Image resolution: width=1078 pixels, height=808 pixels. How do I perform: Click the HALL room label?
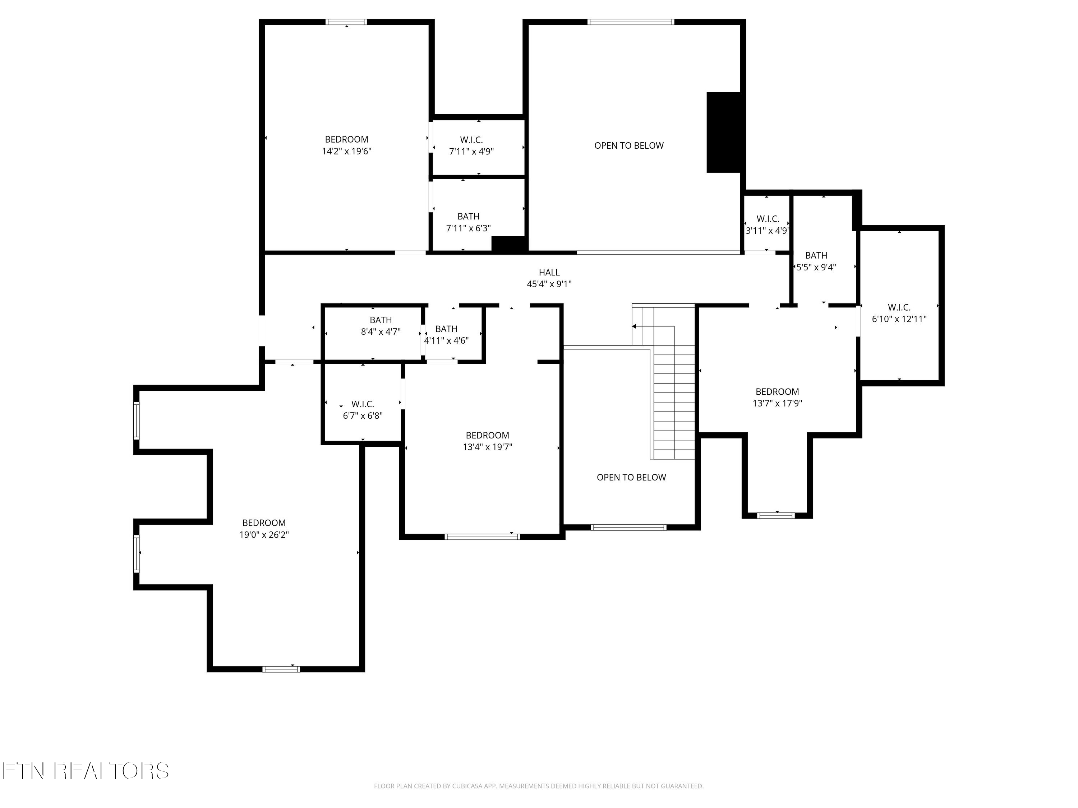tap(549, 273)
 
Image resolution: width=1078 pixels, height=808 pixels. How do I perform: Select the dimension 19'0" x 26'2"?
tap(264, 535)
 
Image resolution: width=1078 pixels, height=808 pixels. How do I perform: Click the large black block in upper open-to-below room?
tap(723, 132)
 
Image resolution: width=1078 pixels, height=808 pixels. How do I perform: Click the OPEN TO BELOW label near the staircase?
tap(631, 477)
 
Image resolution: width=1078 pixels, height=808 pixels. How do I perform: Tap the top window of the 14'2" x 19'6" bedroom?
tap(346, 22)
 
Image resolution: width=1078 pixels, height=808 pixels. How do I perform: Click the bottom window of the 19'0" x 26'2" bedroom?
tap(281, 669)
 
